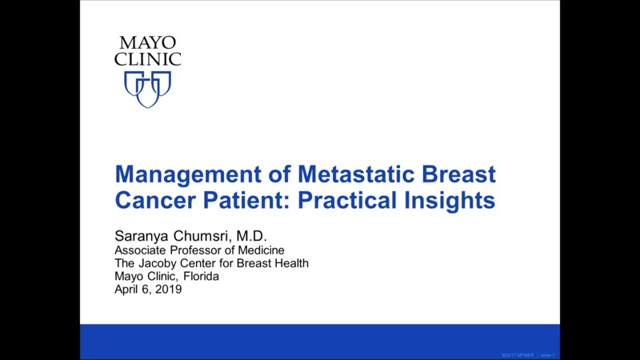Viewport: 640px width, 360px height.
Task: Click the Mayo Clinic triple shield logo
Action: pyautogui.click(x=148, y=88)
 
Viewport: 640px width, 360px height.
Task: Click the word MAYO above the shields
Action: pyautogui.click(x=147, y=43)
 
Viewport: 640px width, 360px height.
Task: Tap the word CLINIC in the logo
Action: pyautogui.click(x=148, y=59)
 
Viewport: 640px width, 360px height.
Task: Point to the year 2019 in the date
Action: pyautogui.click(x=168, y=290)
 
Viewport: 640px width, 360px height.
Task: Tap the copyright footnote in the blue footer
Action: pyautogui.click(x=528, y=354)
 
